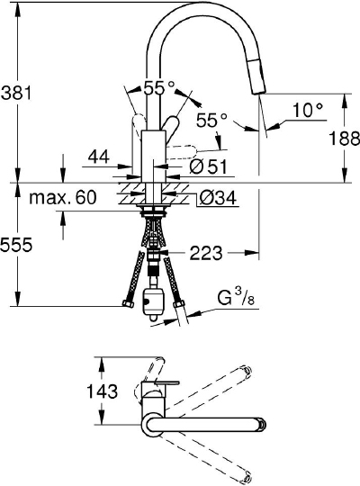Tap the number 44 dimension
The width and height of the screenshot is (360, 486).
(98, 157)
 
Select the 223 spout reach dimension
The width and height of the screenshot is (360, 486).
(206, 255)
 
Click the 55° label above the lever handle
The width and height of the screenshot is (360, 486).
(158, 88)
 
